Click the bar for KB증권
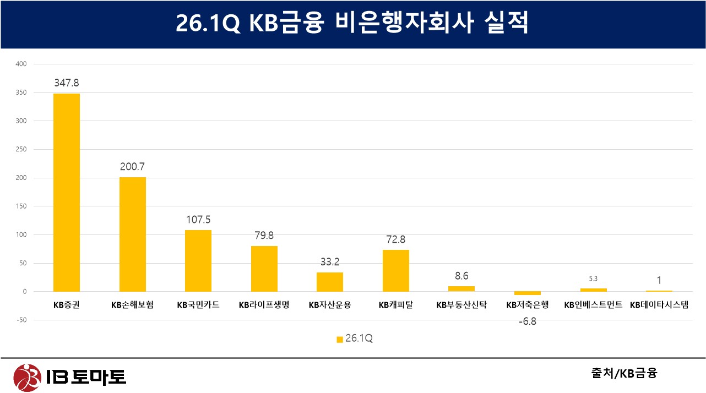pyautogui.click(x=67, y=193)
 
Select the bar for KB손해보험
pyautogui.click(x=133, y=234)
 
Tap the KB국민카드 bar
pyautogui.click(x=198, y=261)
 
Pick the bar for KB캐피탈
pyautogui.click(x=396, y=271)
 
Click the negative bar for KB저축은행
pyautogui.click(x=528, y=293)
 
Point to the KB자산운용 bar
pyautogui.click(x=330, y=282)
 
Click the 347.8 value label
pyautogui.click(x=67, y=83)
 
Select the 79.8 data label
pyautogui.click(x=264, y=235)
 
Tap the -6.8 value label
pyautogui.click(x=528, y=321)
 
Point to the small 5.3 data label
pyautogui.click(x=593, y=279)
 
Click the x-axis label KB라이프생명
pyautogui.click(x=264, y=305)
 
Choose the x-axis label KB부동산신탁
pyautogui.click(x=461, y=305)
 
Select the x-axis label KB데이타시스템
pyautogui.click(x=659, y=305)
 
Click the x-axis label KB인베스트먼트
pyautogui.click(x=594, y=305)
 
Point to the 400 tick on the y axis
pyautogui.click(x=21, y=64)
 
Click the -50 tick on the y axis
pyautogui.click(x=21, y=320)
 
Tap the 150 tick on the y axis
pyautogui.click(x=21, y=206)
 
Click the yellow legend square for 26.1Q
pyautogui.click(x=340, y=340)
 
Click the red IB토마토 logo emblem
pyautogui.click(x=27, y=378)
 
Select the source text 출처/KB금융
pyautogui.click(x=624, y=373)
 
